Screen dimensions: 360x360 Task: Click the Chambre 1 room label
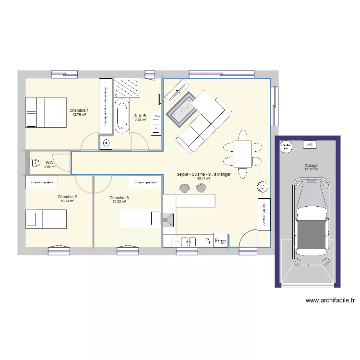79,110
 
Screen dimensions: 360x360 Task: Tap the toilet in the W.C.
36,163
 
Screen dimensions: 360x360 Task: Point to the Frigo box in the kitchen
220,240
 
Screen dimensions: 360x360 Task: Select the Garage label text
311,166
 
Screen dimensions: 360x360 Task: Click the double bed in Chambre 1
46,112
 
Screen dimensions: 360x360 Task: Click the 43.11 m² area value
204,179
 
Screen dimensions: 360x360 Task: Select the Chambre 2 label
67,197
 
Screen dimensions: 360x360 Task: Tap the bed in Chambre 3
140,219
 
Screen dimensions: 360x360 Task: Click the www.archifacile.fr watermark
330,301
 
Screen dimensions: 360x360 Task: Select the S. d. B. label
140,116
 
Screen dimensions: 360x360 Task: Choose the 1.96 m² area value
50,167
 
